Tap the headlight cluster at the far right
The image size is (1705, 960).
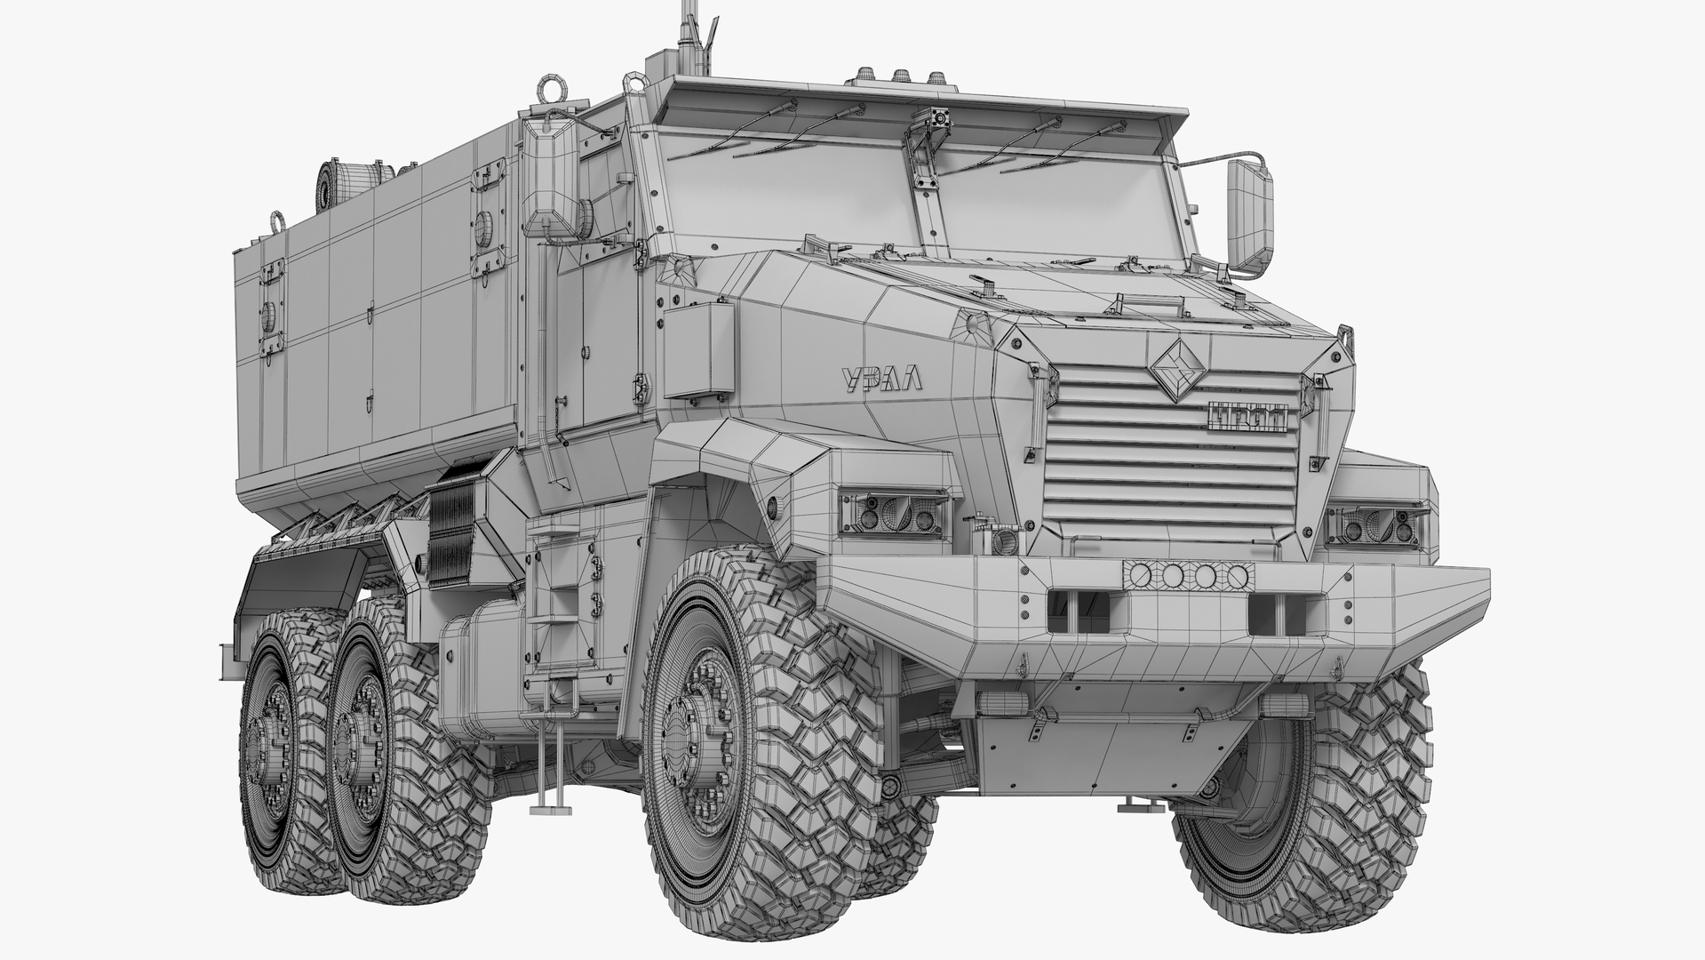pos(1376,525)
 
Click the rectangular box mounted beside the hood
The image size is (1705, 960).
pos(699,350)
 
